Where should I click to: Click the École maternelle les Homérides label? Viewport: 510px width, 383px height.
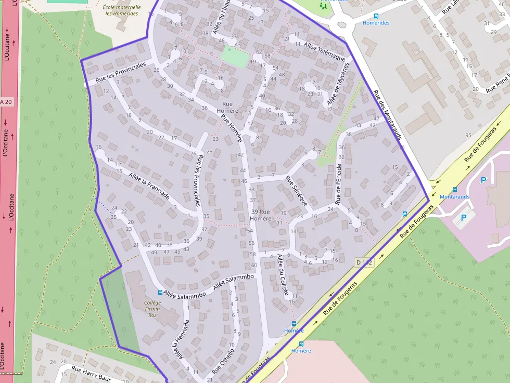point(122,10)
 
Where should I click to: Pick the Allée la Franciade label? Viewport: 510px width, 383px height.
point(149,187)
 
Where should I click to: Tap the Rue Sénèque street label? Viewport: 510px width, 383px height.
point(297,191)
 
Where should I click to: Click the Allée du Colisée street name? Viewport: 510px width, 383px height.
point(283,275)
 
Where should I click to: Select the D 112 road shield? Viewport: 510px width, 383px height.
point(364,262)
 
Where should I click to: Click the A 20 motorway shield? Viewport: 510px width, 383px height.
point(6,102)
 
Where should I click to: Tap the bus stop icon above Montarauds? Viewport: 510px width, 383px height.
point(455,190)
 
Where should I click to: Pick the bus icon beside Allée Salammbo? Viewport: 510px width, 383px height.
point(160,293)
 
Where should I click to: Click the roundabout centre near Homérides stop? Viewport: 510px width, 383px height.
point(342,23)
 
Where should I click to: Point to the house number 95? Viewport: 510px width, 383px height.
point(468,135)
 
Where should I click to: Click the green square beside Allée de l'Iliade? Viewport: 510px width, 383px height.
point(234,57)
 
